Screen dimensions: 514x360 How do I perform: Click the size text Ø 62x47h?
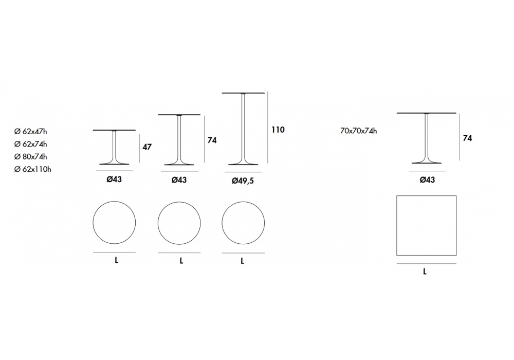tap(30, 132)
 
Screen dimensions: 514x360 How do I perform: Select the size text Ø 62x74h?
tap(30, 144)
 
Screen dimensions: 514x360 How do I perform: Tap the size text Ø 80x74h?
tap(30, 157)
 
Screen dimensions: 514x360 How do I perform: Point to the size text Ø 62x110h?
tap(33, 169)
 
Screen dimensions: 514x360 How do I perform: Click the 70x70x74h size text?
tap(358, 131)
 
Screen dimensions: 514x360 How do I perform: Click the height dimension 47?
tap(147, 147)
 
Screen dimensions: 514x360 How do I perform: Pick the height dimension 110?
tap(278, 130)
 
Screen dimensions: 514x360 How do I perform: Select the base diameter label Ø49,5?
tap(243, 181)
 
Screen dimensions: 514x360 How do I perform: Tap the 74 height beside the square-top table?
tap(467, 138)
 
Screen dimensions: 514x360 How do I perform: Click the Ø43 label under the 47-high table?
tap(114, 179)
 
